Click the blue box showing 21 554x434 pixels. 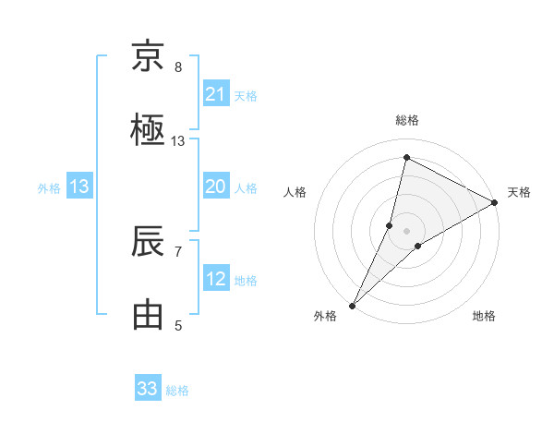[x=216, y=94]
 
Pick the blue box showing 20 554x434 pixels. [x=216, y=187]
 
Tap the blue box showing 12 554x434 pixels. [x=216, y=279]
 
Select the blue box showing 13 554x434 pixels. [x=79, y=187]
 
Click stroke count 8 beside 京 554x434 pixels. [x=178, y=67]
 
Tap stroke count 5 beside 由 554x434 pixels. [x=178, y=325]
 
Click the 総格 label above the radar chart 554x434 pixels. [x=407, y=120]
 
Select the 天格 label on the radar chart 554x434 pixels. [x=519, y=192]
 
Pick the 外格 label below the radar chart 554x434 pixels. [x=325, y=316]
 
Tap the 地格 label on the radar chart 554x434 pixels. [x=484, y=316]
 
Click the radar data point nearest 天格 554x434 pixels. [x=495, y=202]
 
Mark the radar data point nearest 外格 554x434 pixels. [x=352, y=306]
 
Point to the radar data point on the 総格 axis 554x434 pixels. [x=406, y=158]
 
